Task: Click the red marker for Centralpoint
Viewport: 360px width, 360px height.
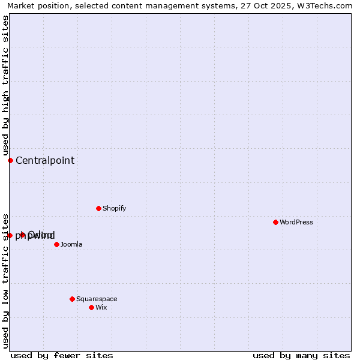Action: (10, 160)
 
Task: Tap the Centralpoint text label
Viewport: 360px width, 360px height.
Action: (45, 160)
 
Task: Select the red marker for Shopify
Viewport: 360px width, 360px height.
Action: (98, 208)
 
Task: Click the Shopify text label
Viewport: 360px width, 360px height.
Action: (114, 208)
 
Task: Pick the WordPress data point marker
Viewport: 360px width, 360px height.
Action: (275, 222)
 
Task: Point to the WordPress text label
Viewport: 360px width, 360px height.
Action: (296, 222)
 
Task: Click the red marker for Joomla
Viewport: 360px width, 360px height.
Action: (56, 244)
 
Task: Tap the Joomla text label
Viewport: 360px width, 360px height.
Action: (71, 244)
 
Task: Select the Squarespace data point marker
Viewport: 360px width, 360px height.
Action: (72, 299)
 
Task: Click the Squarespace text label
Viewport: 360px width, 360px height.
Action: (97, 299)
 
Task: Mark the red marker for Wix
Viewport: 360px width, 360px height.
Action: (91, 307)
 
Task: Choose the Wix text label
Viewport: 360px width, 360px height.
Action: (101, 307)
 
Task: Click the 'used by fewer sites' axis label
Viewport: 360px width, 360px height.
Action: (62, 355)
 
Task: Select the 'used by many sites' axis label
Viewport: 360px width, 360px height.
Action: (301, 355)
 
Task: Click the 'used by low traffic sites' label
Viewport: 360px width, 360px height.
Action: (5, 280)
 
